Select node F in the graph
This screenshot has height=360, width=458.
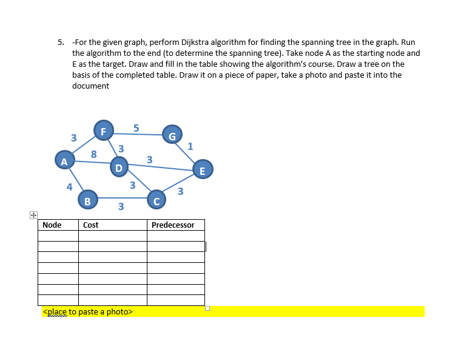pos(103,131)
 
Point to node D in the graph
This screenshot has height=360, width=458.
pos(119,167)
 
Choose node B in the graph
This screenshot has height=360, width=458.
pos(87,200)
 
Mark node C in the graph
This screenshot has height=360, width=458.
pos(157,200)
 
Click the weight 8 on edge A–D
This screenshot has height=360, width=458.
pos(93,154)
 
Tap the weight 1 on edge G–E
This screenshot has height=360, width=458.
pos(190,146)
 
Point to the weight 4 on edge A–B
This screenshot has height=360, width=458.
pos(70,186)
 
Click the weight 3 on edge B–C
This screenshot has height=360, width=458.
pos(121,207)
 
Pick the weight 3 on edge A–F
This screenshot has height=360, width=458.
pos(73,138)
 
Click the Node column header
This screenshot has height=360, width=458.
pos(52,225)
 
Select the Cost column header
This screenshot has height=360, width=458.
pos(91,225)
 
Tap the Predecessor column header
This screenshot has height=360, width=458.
pos(173,225)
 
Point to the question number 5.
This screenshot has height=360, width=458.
pos(60,42)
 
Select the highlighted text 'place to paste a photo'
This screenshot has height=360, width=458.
pos(87,311)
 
